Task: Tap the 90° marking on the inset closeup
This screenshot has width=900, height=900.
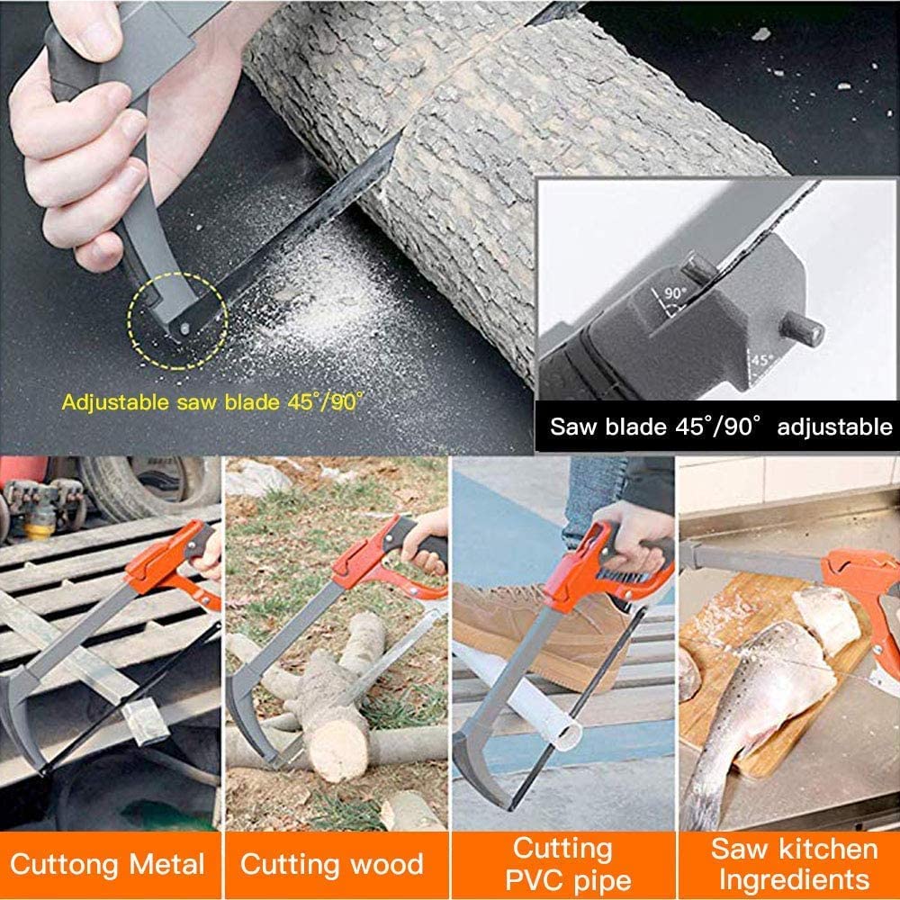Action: pos(674,294)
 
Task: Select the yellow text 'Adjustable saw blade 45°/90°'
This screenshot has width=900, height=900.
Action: pos(212,401)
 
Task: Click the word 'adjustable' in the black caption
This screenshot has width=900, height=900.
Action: pos(833,426)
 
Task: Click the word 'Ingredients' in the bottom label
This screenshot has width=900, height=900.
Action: pos(795,878)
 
